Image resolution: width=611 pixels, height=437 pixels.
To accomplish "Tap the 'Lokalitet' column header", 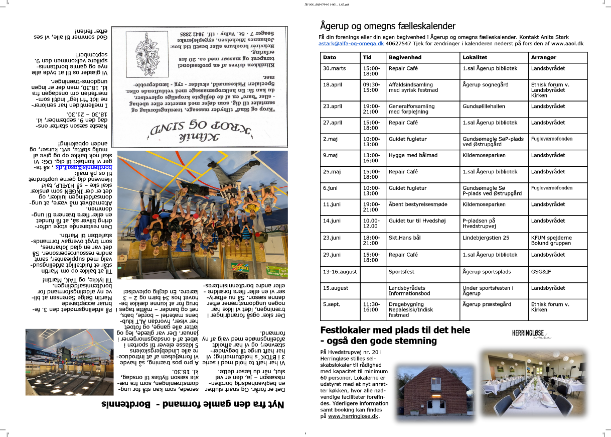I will (x=475, y=57).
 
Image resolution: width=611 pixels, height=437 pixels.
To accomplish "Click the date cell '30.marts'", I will (x=335, y=68).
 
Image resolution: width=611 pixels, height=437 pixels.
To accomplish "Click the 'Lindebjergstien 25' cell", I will (x=486, y=238).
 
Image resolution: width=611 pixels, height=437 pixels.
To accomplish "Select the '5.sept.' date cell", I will (x=332, y=304).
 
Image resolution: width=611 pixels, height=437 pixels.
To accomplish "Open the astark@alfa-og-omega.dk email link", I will (x=351, y=44).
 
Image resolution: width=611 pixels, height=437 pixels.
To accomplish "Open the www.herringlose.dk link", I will (x=353, y=416).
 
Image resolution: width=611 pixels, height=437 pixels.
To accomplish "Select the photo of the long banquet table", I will (x=532, y=383).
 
